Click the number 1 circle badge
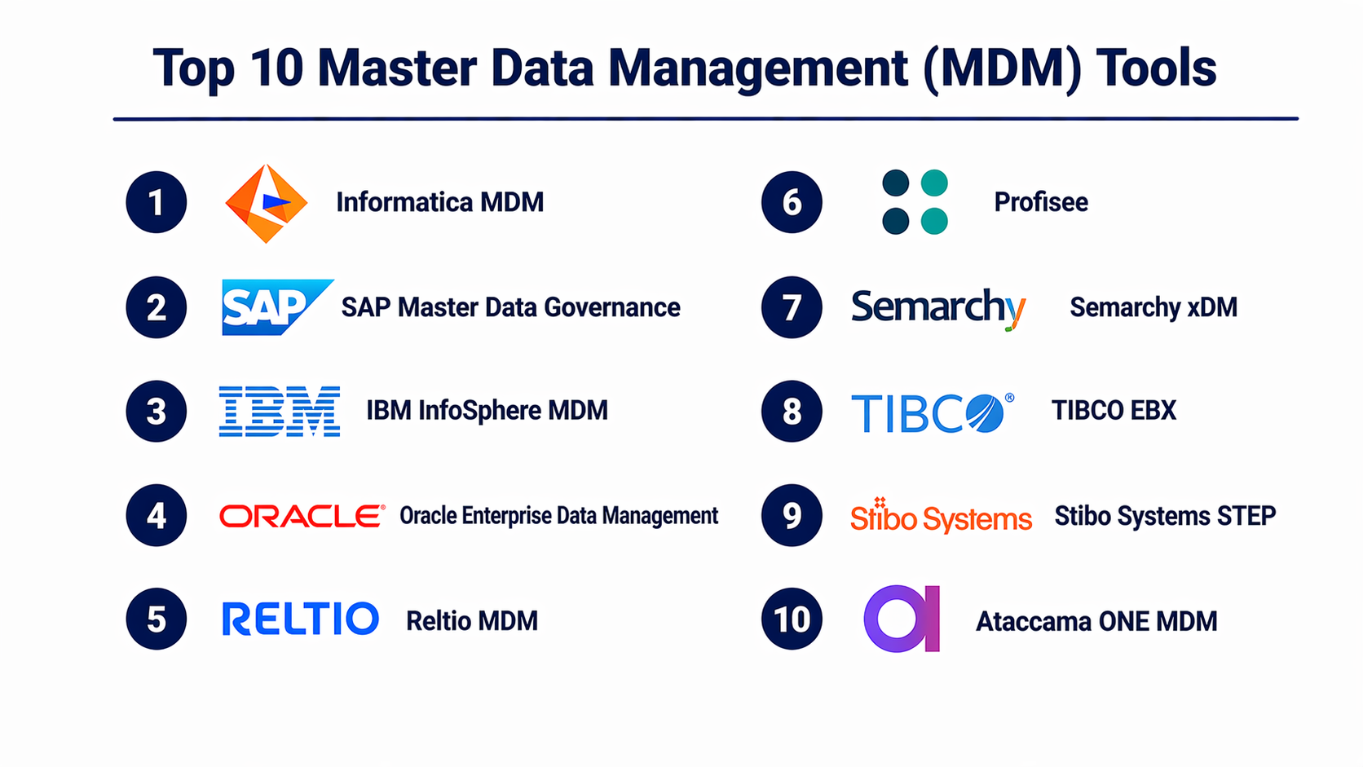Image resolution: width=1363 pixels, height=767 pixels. [157, 202]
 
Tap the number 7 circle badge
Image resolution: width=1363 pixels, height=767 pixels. [792, 307]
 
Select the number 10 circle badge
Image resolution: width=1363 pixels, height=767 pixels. [792, 619]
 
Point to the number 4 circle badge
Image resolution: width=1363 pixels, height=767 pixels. [157, 515]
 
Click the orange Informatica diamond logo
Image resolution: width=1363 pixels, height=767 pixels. [267, 203]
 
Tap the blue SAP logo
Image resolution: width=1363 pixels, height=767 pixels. [277, 307]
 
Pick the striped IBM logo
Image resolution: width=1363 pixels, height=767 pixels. [280, 411]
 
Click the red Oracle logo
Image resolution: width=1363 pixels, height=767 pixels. [302, 516]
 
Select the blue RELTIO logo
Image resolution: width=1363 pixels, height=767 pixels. [301, 619]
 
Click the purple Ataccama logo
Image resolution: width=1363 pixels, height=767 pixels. [902, 619]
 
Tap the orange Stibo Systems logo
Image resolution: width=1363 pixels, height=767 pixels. [941, 516]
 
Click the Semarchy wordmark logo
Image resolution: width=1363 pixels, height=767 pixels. [938, 309]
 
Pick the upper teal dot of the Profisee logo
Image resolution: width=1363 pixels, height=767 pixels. [934, 183]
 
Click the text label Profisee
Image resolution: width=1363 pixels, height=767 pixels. [1041, 202]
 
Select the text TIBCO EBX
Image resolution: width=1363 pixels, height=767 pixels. [1114, 411]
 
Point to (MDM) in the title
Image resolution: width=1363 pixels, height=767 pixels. [1001, 68]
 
